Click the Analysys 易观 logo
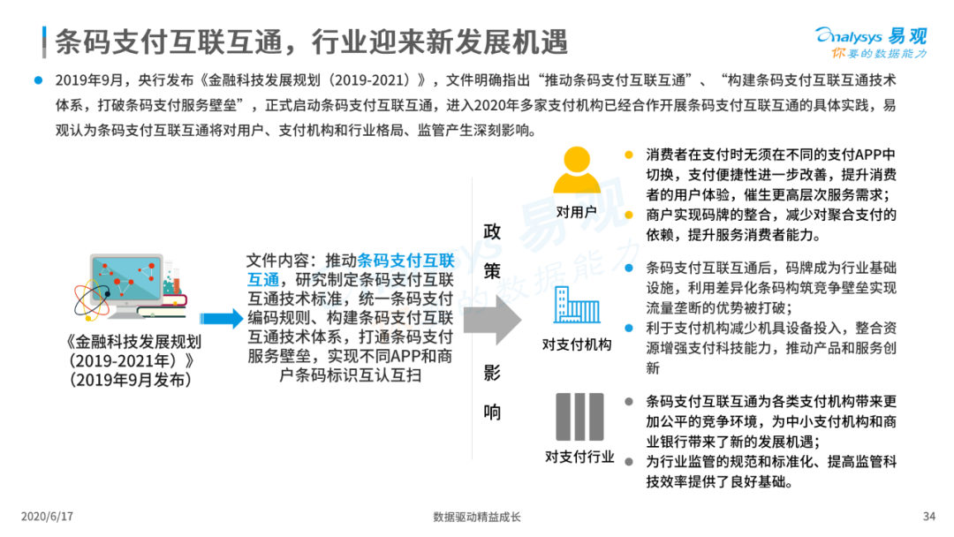pyautogui.click(x=871, y=42)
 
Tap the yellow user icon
pyautogui.click(x=577, y=170)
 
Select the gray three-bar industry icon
pyautogui.click(x=579, y=417)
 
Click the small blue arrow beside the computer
pyautogui.click(x=222, y=318)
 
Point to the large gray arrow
pyautogui.click(x=492, y=320)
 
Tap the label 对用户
pyautogui.click(x=576, y=212)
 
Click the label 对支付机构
pyautogui.click(x=577, y=344)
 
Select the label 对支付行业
pyautogui.click(x=579, y=457)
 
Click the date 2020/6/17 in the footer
pyautogui.click(x=47, y=517)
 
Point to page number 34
pyautogui.click(x=928, y=517)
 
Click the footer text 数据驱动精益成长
pyautogui.click(x=477, y=517)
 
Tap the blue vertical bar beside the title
pyautogui.click(x=44, y=42)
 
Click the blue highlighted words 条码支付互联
pyautogui.click(x=405, y=261)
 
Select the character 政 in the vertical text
pyautogui.click(x=492, y=231)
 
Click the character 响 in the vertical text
pyautogui.click(x=492, y=412)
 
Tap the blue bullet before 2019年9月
pyautogui.click(x=38, y=80)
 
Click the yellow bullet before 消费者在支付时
pyautogui.click(x=629, y=155)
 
